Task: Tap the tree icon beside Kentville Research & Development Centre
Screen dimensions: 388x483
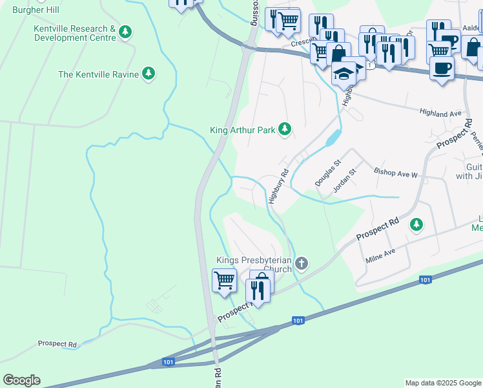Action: pyautogui.click(x=125, y=31)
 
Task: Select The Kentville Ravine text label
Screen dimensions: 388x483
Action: pyautogui.click(x=98, y=74)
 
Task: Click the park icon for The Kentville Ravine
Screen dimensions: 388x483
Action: pyautogui.click(x=149, y=74)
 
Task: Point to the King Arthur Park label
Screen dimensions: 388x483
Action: pyautogui.click(x=243, y=130)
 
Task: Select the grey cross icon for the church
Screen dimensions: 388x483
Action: pyautogui.click(x=301, y=263)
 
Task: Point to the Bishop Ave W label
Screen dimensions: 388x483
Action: pyautogui.click(x=396, y=173)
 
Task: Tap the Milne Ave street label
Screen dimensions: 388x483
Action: pyautogui.click(x=380, y=255)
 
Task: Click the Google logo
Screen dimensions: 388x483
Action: pyautogui.click(x=21, y=380)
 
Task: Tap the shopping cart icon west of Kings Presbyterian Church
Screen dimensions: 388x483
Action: pyautogui.click(x=224, y=280)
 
